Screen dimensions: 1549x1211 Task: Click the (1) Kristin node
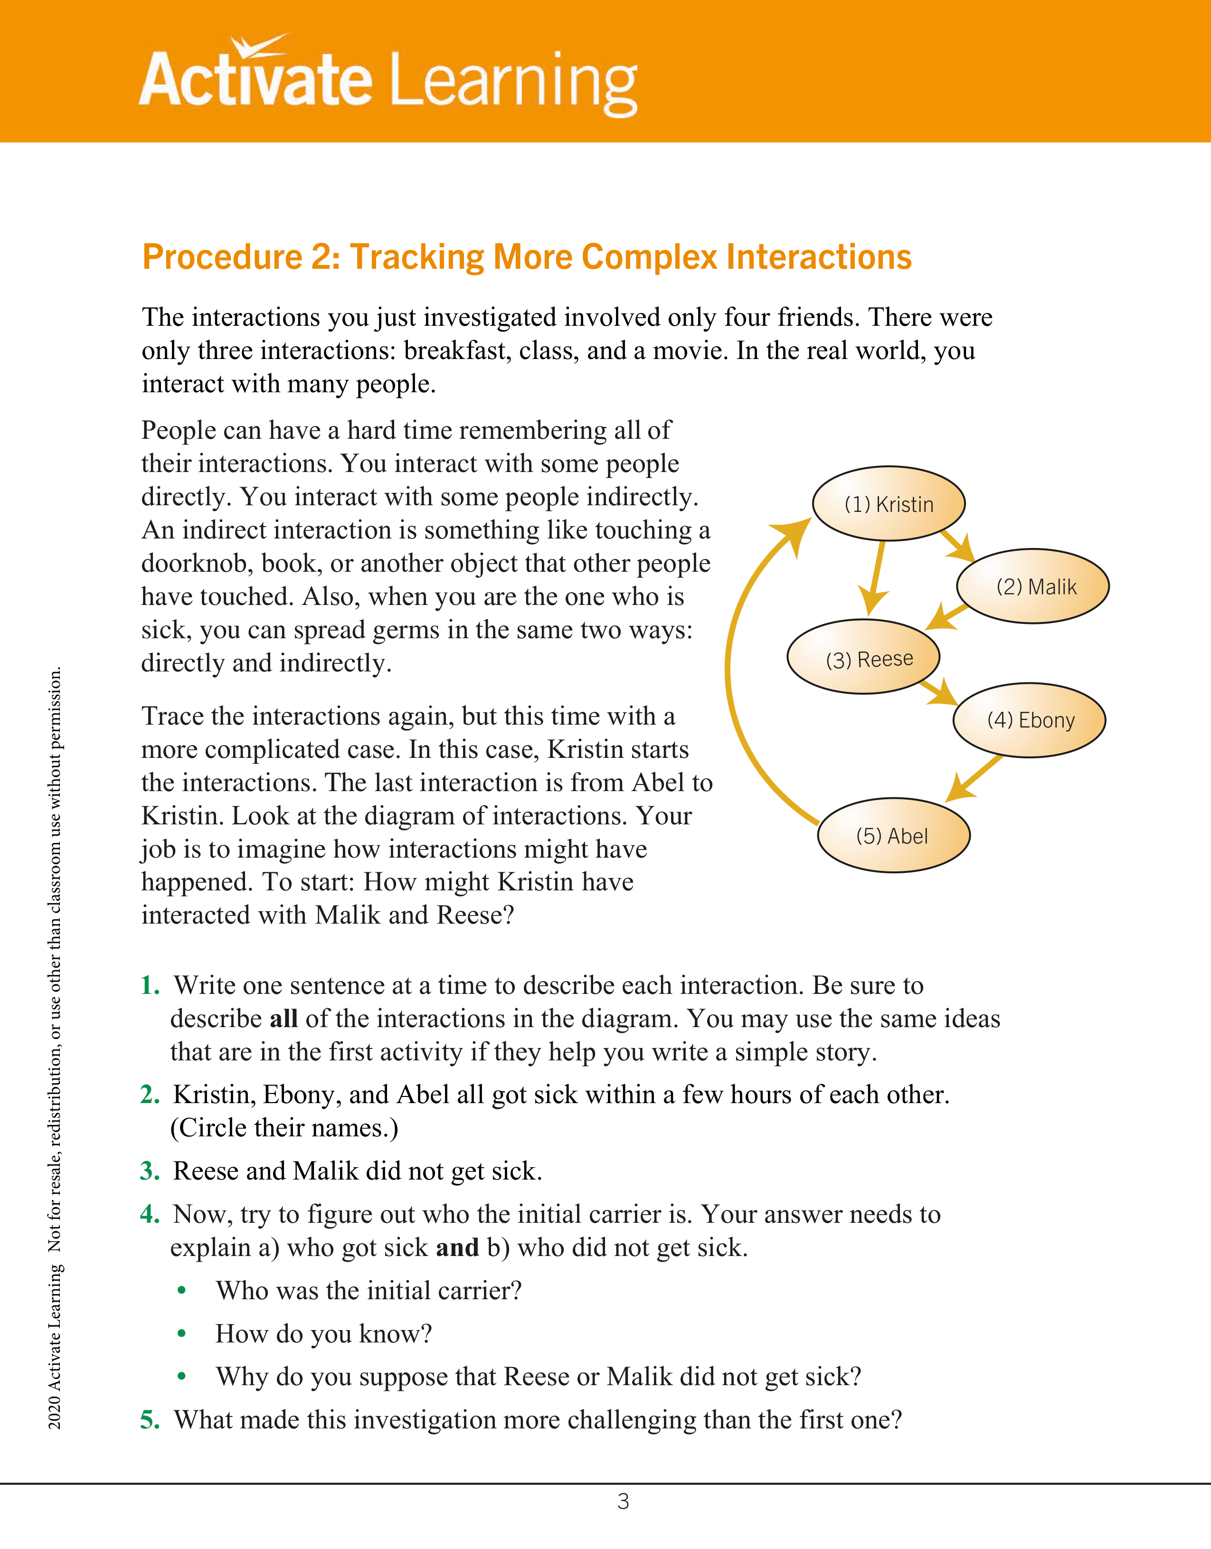pyautogui.click(x=888, y=503)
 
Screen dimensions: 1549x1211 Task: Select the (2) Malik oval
pyautogui.click(x=1032, y=586)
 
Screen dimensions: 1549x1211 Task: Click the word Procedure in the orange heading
pyautogui.click(x=223, y=257)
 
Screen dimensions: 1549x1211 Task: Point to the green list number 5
pyautogui.click(x=149, y=1420)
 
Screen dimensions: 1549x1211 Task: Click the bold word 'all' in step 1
pyautogui.click(x=283, y=1019)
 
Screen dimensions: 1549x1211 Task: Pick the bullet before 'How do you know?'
pyautogui.click(x=181, y=1334)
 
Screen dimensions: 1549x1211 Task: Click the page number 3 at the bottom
pyautogui.click(x=623, y=1502)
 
